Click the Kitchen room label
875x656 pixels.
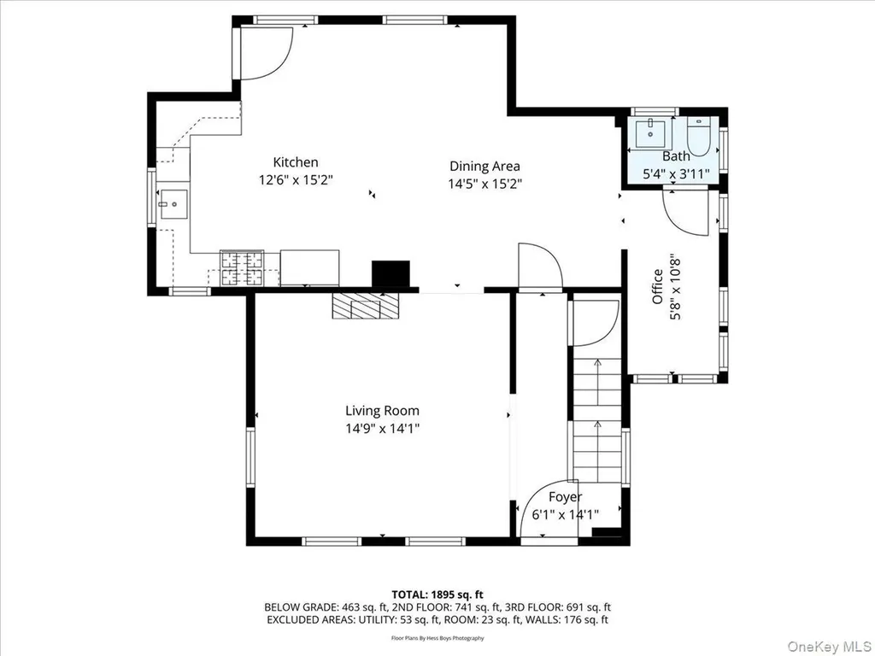pyautogui.click(x=295, y=162)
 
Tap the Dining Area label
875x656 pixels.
pyautogui.click(x=484, y=166)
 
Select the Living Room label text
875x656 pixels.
pyautogui.click(x=382, y=411)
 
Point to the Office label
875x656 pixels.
pyautogui.click(x=658, y=287)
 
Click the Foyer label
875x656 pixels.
pyautogui.click(x=565, y=497)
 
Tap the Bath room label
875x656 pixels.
pyautogui.click(x=676, y=156)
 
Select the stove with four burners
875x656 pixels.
pyautogui.click(x=242, y=268)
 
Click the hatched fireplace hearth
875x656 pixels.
pyautogui.click(x=366, y=307)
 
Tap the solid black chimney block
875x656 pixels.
pyautogui.click(x=391, y=274)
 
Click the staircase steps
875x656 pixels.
pyautogui.click(x=597, y=419)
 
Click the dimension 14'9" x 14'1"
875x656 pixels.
pyautogui.click(x=382, y=429)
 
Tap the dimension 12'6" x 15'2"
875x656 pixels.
pyautogui.click(x=295, y=180)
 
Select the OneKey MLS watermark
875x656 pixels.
pyautogui.click(x=829, y=646)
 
